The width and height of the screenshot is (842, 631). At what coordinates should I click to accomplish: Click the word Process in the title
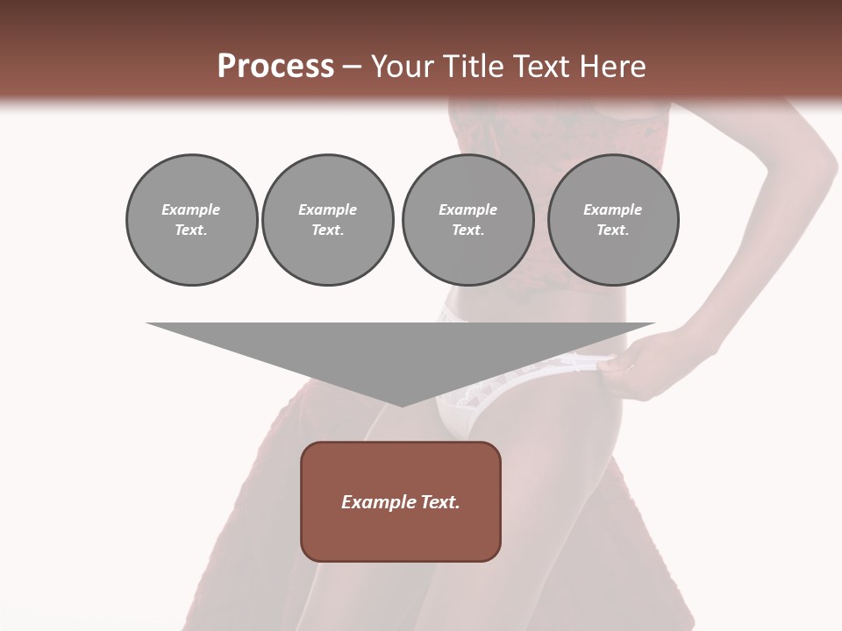[x=275, y=67]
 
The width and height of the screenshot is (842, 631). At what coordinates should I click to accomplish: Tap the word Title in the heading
[x=475, y=67]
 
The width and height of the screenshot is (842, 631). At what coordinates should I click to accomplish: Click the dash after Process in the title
[x=353, y=67]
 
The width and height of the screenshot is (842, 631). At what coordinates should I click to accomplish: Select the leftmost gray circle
[x=191, y=220]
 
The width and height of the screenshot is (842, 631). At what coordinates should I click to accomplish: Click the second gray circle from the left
[x=328, y=220]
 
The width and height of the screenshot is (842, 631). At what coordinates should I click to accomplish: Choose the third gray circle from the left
[x=467, y=220]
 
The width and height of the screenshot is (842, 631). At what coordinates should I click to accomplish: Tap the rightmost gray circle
[x=613, y=220]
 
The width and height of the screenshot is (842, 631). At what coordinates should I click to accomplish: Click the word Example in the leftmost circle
[x=191, y=209]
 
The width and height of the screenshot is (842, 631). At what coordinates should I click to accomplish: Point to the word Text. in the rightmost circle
[x=613, y=230]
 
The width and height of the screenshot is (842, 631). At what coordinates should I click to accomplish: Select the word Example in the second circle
[x=328, y=209]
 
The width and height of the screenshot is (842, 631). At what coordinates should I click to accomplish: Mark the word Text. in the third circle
[x=467, y=230]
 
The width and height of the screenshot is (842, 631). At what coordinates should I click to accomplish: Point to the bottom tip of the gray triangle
[x=402, y=404]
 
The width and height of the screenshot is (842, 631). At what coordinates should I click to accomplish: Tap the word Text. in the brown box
[x=440, y=502]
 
